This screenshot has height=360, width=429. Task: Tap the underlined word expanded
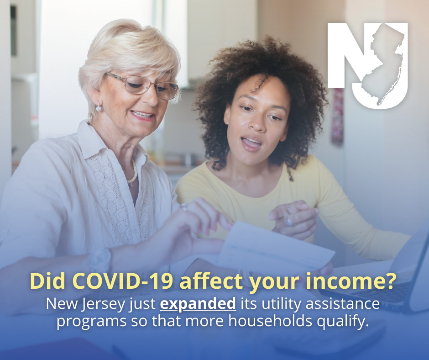point(198,304)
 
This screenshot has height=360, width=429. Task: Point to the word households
point(270,321)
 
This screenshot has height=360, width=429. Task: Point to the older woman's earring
point(99,107)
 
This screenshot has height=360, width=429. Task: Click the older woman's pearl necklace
point(133,173)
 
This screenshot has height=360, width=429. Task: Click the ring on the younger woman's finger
point(290,222)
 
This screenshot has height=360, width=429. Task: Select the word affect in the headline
point(211,281)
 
